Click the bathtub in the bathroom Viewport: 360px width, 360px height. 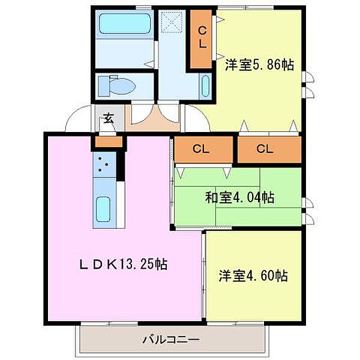[x=125, y=25]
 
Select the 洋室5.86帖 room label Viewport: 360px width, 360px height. [x=259, y=65]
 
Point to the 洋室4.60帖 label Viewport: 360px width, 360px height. [x=253, y=276]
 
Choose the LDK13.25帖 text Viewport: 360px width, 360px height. [x=122, y=263]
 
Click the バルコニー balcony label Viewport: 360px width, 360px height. [x=170, y=339]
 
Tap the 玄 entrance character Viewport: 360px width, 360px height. [x=109, y=118]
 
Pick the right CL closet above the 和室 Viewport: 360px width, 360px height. [x=268, y=148]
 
